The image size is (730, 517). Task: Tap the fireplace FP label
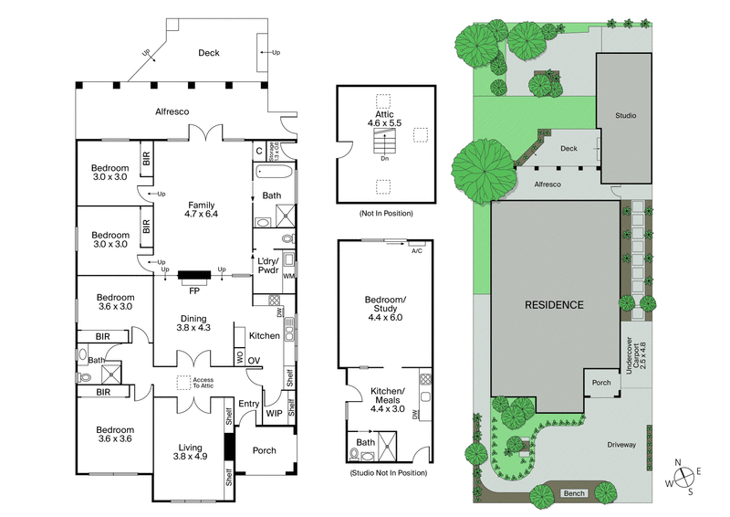pyautogui.click(x=193, y=291)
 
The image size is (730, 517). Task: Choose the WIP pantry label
pyautogui.click(x=273, y=413)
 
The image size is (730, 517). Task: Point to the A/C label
pyautogui.click(x=417, y=250)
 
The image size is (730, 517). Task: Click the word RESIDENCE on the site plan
pyautogui.click(x=553, y=304)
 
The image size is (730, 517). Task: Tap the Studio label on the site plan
pyautogui.click(x=625, y=116)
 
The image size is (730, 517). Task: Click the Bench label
pyautogui.click(x=573, y=493)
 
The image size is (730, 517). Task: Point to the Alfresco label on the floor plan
pyautogui.click(x=172, y=111)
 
